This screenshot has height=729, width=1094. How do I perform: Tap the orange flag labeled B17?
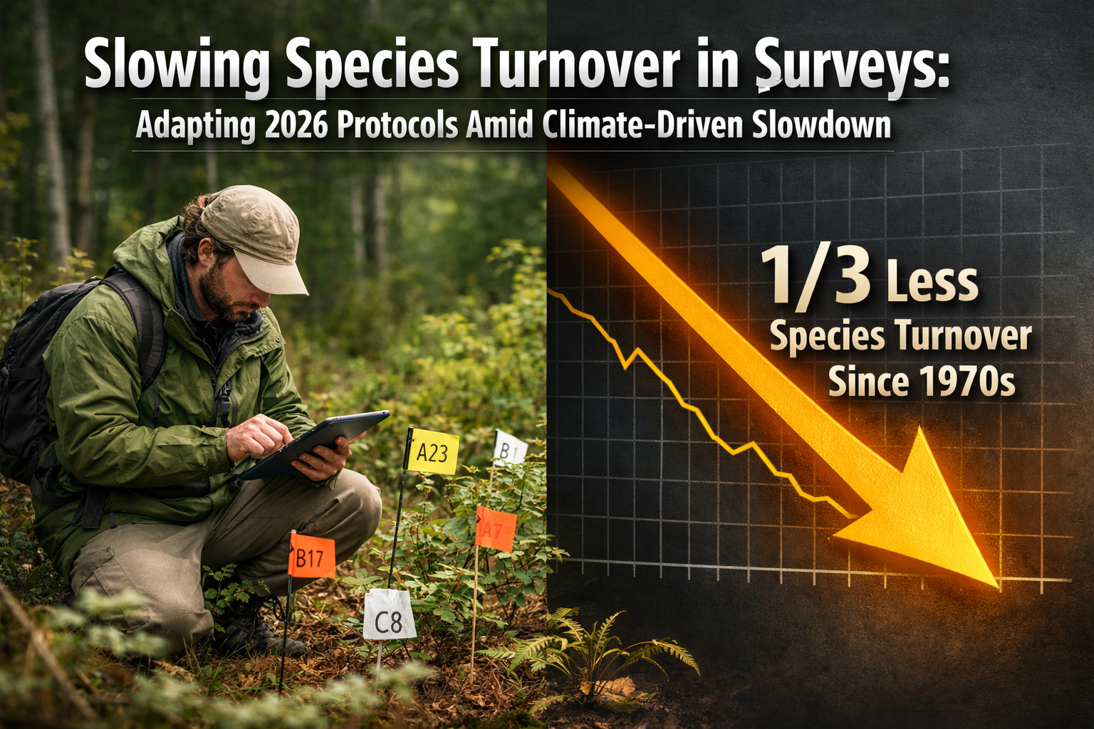(x=311, y=557)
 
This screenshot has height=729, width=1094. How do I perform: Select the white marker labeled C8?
(x=389, y=615)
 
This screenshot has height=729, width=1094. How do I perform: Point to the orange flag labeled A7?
(x=495, y=528)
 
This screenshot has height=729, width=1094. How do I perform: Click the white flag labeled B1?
(x=510, y=449)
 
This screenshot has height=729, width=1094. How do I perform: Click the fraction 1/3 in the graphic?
(x=816, y=278)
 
